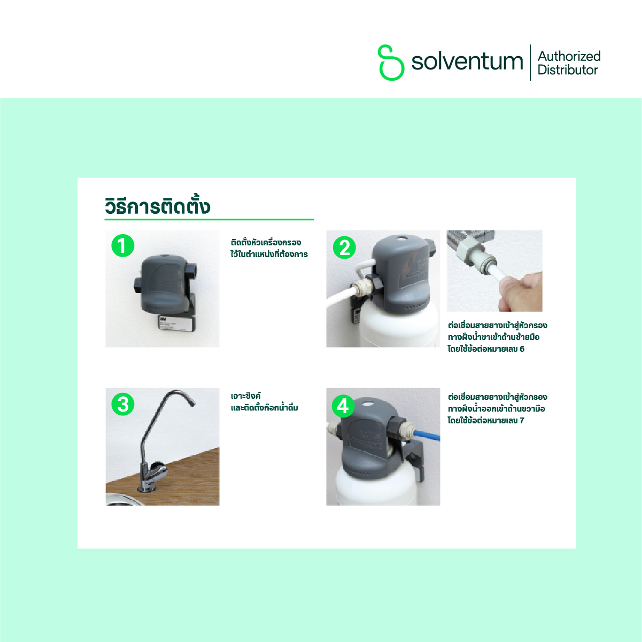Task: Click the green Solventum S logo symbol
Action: click(x=391, y=63)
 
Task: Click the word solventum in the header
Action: click(x=467, y=61)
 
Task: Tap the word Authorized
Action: click(x=569, y=56)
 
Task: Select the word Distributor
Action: click(x=568, y=70)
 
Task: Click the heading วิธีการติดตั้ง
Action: click(x=158, y=206)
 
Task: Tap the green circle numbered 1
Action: click(x=122, y=245)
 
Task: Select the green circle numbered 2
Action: click(x=344, y=247)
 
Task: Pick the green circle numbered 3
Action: click(x=123, y=405)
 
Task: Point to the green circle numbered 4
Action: click(x=343, y=406)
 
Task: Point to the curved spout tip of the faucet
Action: click(x=192, y=404)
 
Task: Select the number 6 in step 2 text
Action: click(x=522, y=349)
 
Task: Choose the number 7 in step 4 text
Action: click(x=522, y=421)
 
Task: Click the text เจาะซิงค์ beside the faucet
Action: click(x=246, y=396)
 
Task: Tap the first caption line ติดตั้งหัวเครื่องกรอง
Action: click(x=266, y=242)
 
